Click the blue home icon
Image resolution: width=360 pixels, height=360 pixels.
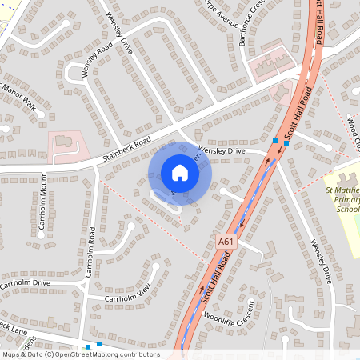[x=180, y=173]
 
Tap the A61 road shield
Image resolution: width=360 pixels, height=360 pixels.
[x=226, y=239]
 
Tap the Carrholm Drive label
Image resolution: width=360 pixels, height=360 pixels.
[x=25, y=283]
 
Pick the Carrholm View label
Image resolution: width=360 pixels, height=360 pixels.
[x=128, y=298]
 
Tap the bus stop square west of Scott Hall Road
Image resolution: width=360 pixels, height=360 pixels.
[x=275, y=141]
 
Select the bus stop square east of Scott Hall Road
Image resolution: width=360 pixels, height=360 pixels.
[x=286, y=143]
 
